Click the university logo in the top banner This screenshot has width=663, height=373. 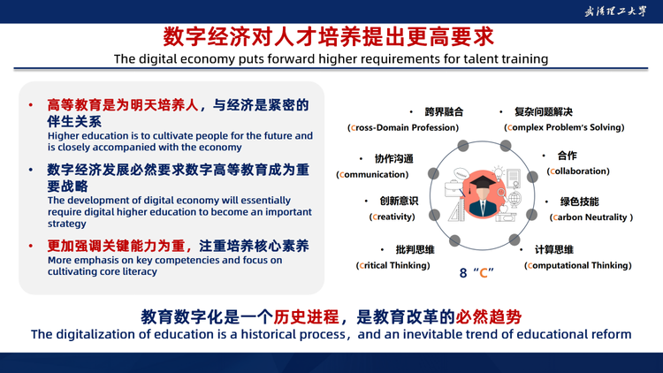click(x=615, y=11)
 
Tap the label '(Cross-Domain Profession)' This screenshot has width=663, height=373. click(x=403, y=127)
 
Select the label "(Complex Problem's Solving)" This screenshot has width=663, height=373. click(x=564, y=127)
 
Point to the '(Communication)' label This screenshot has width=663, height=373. click(x=372, y=175)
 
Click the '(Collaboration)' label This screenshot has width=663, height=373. click(x=578, y=171)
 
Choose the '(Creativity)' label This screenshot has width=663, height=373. click(x=392, y=217)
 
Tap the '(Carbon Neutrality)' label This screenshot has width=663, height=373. click(x=591, y=217)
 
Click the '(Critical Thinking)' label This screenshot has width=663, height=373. click(x=392, y=265)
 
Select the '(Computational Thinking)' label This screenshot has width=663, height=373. click(x=578, y=265)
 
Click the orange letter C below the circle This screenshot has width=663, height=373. click(x=484, y=273)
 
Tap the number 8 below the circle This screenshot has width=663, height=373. click(x=463, y=273)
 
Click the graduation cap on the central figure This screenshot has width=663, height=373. click(x=482, y=182)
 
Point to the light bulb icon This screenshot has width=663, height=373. click(x=499, y=172)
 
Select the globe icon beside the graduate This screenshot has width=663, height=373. click(x=514, y=199)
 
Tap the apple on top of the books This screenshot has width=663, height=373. click(x=504, y=209)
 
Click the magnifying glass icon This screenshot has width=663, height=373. click(x=502, y=194)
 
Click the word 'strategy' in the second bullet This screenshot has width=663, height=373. click(x=67, y=224)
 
